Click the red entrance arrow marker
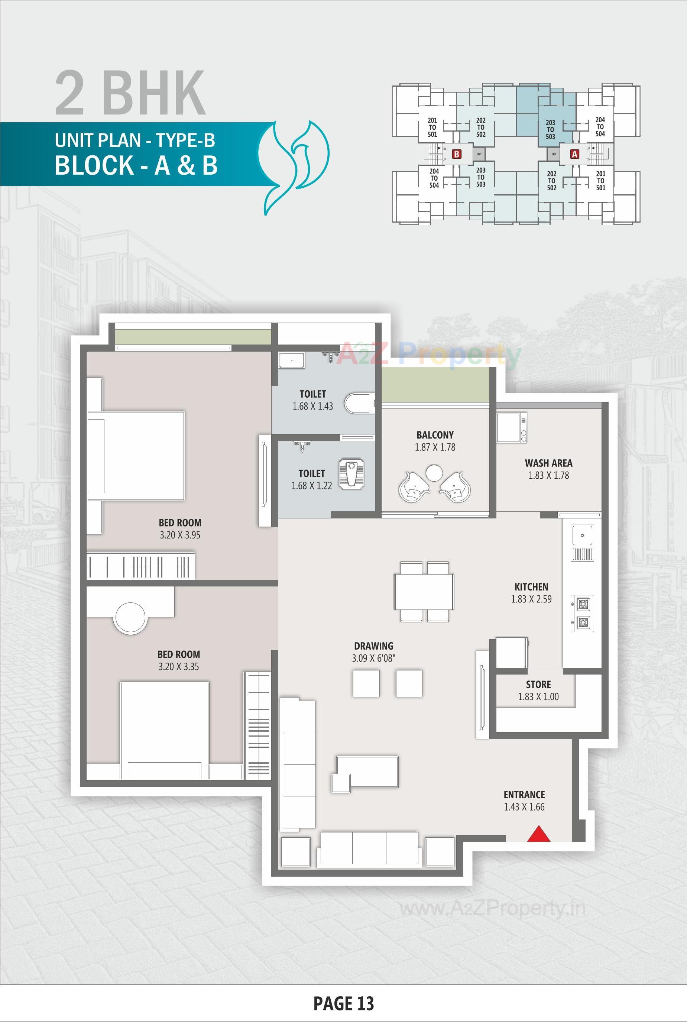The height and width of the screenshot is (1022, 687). pyautogui.click(x=538, y=834)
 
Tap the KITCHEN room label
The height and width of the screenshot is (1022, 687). pyautogui.click(x=531, y=587)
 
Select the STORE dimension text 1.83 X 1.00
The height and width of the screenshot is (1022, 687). pyautogui.click(x=538, y=696)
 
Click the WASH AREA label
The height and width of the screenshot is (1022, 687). pyautogui.click(x=548, y=463)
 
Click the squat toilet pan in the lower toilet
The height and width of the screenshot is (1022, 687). pyautogui.click(x=351, y=474)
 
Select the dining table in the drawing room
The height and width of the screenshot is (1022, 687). pyautogui.click(x=424, y=591)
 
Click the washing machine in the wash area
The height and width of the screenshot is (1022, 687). pyautogui.click(x=512, y=427)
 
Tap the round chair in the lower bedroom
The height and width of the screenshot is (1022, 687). pyautogui.click(x=130, y=617)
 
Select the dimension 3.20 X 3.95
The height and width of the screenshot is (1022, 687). pyautogui.click(x=180, y=535)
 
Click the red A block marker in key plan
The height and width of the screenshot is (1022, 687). pyautogui.click(x=574, y=154)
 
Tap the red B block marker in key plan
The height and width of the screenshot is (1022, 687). pyautogui.click(x=457, y=154)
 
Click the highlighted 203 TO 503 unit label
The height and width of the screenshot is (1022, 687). pyautogui.click(x=550, y=129)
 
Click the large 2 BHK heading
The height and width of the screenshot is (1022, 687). pyautogui.click(x=130, y=93)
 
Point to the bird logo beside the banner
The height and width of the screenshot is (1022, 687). pyautogui.click(x=294, y=166)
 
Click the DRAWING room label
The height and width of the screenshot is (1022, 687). pyautogui.click(x=373, y=646)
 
